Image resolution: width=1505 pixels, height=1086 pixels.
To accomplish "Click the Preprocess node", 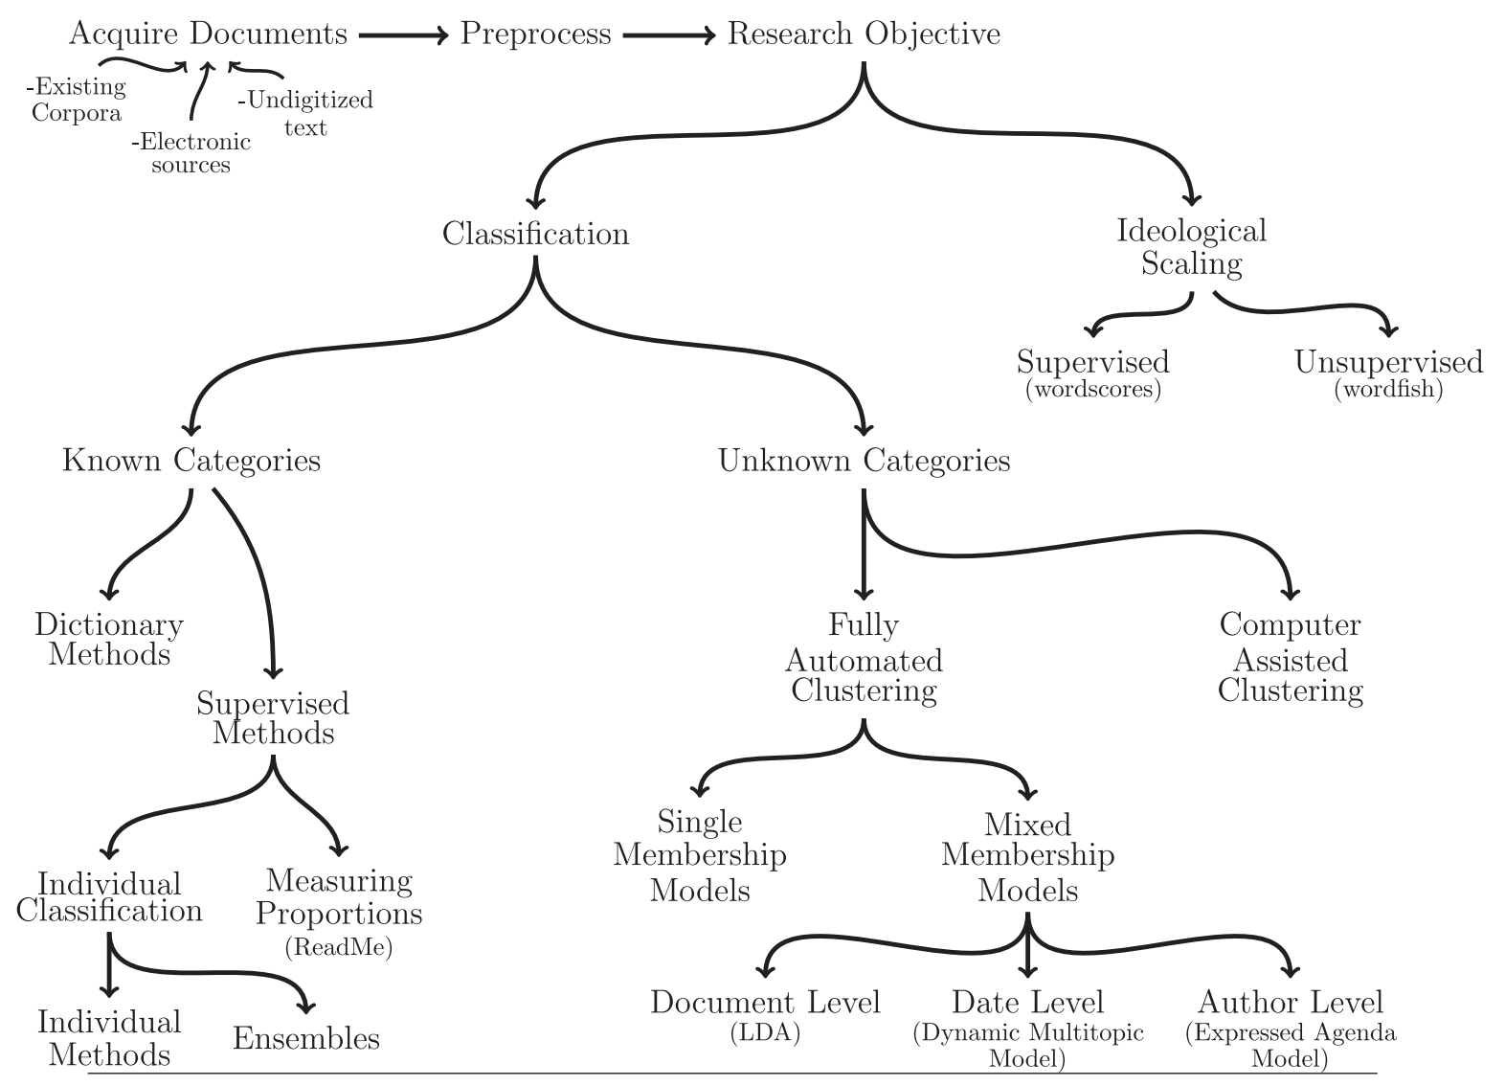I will click(535, 34).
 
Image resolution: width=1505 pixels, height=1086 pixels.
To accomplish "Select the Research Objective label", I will click(864, 34).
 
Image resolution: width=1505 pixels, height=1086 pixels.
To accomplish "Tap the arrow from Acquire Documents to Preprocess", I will click(403, 35).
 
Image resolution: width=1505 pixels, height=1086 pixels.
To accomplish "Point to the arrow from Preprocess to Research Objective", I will click(668, 35).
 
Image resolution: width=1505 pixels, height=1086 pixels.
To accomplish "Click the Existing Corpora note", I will click(77, 100).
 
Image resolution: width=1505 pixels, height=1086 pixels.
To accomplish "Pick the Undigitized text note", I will click(305, 113).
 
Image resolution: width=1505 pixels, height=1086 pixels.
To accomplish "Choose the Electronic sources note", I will click(191, 153).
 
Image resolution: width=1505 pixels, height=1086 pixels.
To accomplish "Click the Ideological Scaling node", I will click(1191, 247).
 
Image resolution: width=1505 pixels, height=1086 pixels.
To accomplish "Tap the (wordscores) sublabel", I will click(1092, 390).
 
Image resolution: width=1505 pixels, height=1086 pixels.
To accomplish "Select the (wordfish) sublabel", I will click(1388, 390).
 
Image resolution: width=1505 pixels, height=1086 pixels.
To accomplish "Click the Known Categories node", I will click(191, 461).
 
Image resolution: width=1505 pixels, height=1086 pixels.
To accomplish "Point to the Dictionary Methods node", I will click(109, 640).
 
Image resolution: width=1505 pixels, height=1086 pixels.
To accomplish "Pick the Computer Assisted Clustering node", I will click(1290, 658).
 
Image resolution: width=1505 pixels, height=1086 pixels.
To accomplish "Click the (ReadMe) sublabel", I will click(339, 948).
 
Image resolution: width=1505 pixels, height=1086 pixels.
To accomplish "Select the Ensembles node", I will click(306, 1039).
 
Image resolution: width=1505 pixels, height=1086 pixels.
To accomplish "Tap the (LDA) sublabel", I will click(764, 1033).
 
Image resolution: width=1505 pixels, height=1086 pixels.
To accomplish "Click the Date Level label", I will click(1027, 1003).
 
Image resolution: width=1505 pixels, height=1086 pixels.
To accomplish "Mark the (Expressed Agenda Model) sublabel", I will click(1290, 1046).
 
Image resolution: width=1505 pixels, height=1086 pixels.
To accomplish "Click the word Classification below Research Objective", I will click(535, 235).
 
